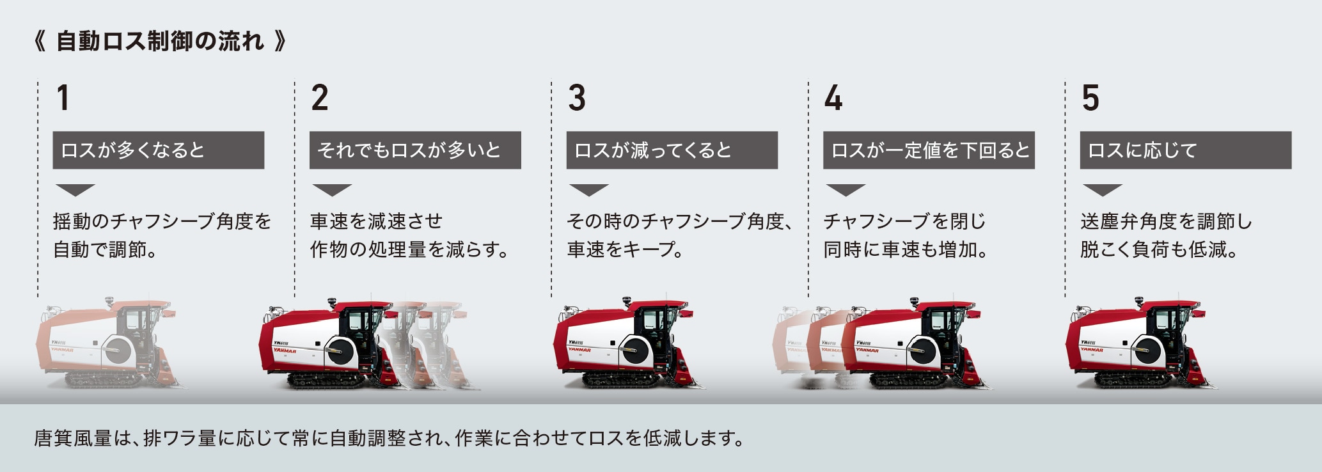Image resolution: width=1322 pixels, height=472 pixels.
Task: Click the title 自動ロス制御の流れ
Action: click(160, 42)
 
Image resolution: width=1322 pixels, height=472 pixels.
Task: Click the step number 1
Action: click(62, 98)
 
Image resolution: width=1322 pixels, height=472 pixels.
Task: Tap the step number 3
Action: click(576, 98)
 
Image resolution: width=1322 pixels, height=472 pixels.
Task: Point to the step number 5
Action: click(1090, 98)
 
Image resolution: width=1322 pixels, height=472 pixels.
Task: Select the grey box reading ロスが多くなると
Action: click(158, 150)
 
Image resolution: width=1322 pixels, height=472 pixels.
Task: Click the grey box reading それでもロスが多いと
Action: click(415, 150)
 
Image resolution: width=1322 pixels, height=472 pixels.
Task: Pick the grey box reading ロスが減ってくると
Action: click(672, 150)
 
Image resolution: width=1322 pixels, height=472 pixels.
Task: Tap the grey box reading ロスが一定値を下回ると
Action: click(929, 150)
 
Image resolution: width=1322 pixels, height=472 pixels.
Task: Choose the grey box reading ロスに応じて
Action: click(1185, 150)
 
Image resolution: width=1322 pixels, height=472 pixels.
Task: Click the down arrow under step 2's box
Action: click(332, 189)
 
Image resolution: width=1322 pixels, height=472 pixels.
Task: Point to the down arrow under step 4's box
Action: click(846, 189)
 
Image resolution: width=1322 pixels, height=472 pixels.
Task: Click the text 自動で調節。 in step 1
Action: click(106, 249)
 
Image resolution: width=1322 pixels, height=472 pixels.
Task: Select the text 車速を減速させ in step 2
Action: click(376, 221)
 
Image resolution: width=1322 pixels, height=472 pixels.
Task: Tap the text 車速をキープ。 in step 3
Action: click(625, 249)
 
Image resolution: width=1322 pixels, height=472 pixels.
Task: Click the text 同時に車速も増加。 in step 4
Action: click(906, 249)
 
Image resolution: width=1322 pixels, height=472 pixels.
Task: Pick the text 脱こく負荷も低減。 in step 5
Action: click(1159, 249)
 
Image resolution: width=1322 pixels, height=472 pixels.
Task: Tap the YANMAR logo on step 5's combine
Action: click(1091, 350)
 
